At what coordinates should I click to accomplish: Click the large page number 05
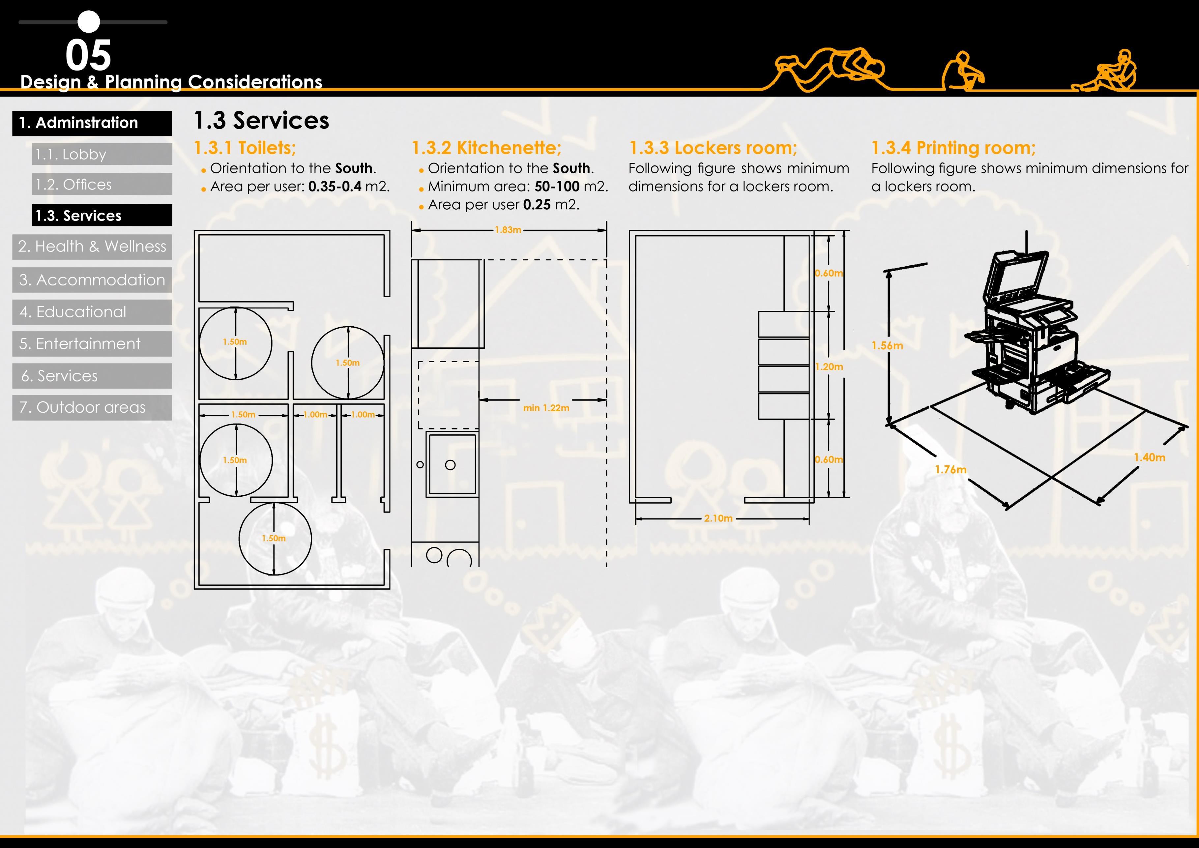click(x=88, y=55)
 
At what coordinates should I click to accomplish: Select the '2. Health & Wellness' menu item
click(x=92, y=247)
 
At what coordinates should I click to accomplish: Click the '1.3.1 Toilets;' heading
click(x=245, y=148)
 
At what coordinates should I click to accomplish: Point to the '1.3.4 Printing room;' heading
click(x=953, y=148)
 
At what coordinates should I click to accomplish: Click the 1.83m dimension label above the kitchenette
click(x=508, y=230)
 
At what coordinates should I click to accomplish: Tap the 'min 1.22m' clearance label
click(x=546, y=408)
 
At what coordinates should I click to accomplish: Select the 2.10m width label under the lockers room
click(x=718, y=518)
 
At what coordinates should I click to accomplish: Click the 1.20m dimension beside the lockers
click(x=829, y=366)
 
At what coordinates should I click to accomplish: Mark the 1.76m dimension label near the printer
click(x=950, y=469)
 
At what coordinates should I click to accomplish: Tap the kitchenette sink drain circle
click(x=450, y=465)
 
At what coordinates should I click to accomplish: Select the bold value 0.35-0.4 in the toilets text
click(x=335, y=187)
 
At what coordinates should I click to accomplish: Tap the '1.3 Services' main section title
click(x=261, y=121)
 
